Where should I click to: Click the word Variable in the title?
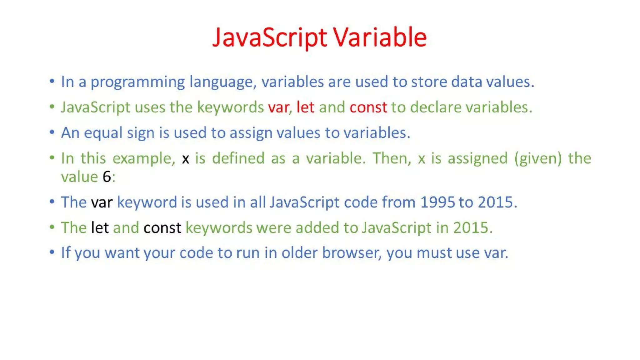pos(380,37)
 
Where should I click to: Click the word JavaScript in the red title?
pos(270,37)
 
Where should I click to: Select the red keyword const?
pos(368,107)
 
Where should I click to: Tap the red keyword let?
pos(305,107)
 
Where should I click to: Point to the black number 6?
pos(107,177)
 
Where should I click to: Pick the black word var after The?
pos(102,202)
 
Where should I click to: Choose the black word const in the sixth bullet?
pos(162,228)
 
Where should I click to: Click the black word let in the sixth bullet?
pos(100,228)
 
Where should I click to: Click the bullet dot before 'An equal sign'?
pos(52,132)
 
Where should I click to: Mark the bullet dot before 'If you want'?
pos(52,252)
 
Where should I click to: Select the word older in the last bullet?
pos(299,253)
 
